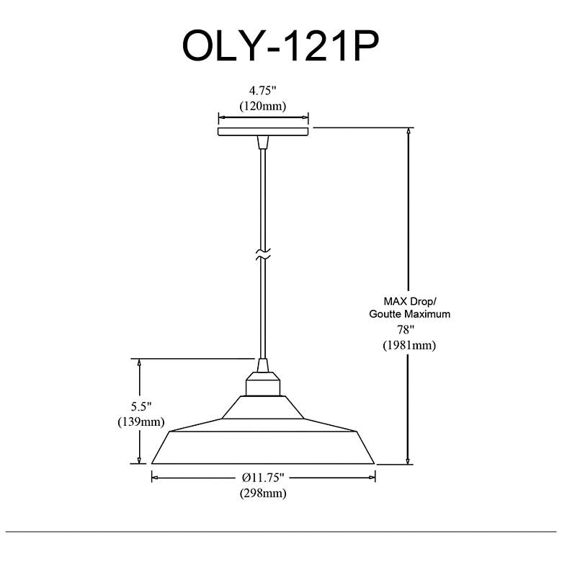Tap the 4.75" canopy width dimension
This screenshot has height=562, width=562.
(x=262, y=91)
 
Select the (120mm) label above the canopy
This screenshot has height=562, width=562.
(x=263, y=106)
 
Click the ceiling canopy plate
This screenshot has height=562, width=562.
(x=263, y=132)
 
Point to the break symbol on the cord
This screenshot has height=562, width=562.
(x=263, y=254)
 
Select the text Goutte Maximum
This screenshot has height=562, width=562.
(x=410, y=314)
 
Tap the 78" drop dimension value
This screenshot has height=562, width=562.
(x=406, y=329)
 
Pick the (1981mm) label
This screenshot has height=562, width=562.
(x=409, y=345)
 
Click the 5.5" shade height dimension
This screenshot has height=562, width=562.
(x=140, y=406)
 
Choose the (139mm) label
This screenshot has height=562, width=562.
(x=140, y=421)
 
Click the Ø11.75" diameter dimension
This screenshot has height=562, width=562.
(x=263, y=478)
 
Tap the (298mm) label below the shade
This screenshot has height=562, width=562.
(x=263, y=493)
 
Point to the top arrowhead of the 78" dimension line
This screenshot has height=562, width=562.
(x=408, y=131)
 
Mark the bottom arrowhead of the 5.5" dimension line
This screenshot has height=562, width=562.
(x=139, y=460)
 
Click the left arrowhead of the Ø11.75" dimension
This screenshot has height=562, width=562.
(x=156, y=478)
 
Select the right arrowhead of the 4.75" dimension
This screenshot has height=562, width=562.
(x=305, y=117)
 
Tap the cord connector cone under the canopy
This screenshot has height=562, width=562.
(x=263, y=142)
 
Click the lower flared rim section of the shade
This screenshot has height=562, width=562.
(x=263, y=447)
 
